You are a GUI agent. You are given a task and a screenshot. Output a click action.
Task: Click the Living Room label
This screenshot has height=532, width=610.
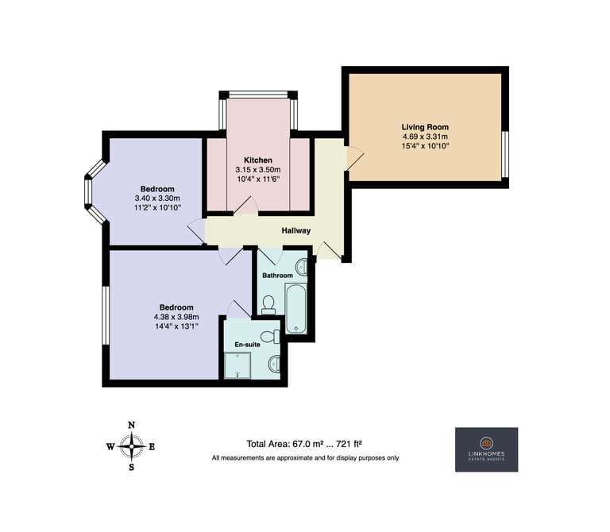(x=425, y=127)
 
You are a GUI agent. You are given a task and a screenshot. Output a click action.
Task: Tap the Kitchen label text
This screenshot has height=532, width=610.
(x=258, y=160)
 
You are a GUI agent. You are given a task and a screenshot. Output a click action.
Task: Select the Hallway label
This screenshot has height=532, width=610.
(x=296, y=230)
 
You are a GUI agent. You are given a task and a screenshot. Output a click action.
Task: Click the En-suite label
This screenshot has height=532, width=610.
(x=248, y=345)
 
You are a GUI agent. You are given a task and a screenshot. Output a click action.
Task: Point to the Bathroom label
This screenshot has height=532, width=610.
(x=277, y=276)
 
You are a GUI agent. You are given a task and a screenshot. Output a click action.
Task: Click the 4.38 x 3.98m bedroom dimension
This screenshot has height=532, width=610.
(x=176, y=317)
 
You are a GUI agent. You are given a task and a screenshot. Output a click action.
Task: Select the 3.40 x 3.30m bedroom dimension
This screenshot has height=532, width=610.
(x=157, y=199)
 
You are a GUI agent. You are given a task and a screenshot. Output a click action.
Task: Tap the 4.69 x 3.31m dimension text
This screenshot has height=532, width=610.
(x=425, y=137)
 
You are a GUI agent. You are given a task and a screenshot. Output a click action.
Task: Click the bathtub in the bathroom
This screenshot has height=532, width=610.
(x=296, y=308)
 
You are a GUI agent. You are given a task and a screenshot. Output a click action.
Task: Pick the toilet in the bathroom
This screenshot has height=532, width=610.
(x=268, y=305)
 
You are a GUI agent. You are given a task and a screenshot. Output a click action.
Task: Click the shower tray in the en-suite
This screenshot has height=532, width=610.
(x=237, y=365)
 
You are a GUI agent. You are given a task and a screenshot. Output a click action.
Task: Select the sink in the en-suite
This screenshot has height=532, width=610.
(x=274, y=364)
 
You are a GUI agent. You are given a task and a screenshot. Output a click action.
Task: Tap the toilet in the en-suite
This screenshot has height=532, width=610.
(x=270, y=337)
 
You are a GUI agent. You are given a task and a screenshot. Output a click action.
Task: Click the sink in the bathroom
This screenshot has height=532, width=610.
(x=302, y=268)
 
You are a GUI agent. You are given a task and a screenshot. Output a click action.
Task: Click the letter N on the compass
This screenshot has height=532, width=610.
(x=132, y=425)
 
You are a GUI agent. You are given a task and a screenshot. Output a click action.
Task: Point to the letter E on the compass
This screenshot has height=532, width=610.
(x=152, y=447)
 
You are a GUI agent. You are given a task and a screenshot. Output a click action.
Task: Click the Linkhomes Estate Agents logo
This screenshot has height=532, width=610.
(x=486, y=449)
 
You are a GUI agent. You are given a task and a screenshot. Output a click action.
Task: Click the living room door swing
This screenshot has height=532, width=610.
(x=355, y=158)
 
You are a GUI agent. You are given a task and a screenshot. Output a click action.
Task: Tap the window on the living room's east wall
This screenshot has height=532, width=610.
(x=505, y=154)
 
